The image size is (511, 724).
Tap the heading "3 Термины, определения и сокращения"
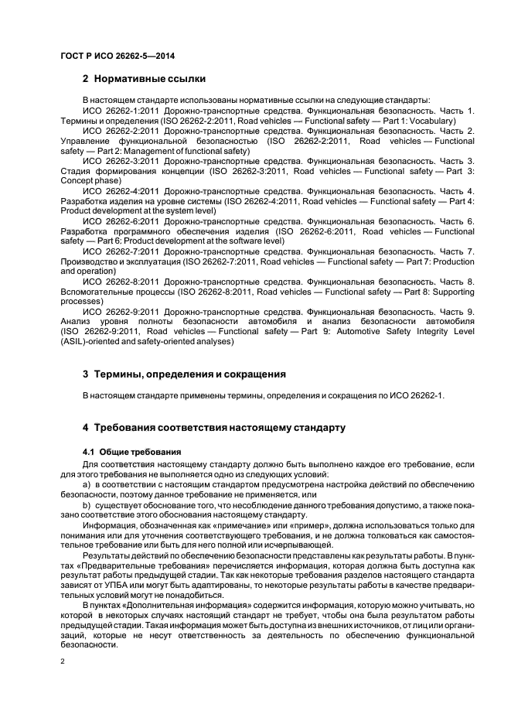click(184, 374)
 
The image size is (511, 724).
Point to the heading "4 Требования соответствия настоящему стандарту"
click(219, 427)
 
